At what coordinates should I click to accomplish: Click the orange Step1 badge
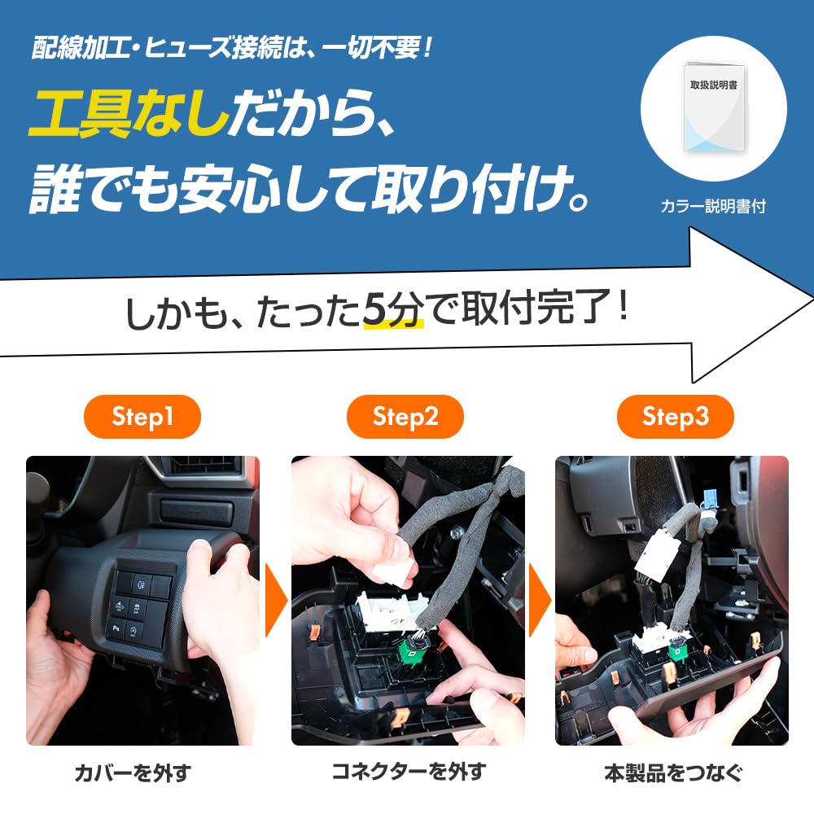142,418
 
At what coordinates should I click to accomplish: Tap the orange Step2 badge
405,418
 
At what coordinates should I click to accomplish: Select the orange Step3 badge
675,418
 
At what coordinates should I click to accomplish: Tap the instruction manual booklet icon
713,107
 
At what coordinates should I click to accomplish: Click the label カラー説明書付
713,207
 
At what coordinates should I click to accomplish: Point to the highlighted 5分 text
393,312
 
